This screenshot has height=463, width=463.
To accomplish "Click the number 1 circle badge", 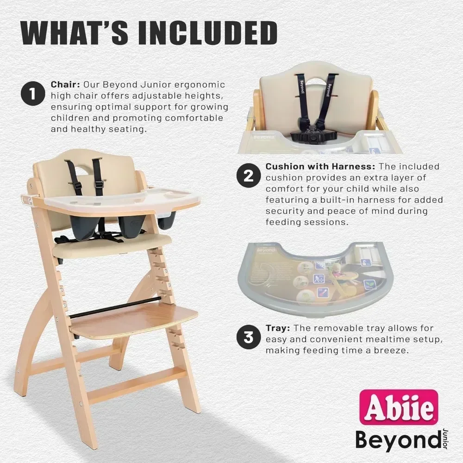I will click(32, 94).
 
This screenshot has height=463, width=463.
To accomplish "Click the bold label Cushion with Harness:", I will click(320, 166).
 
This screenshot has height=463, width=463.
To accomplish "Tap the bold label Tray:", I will click(278, 328).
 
